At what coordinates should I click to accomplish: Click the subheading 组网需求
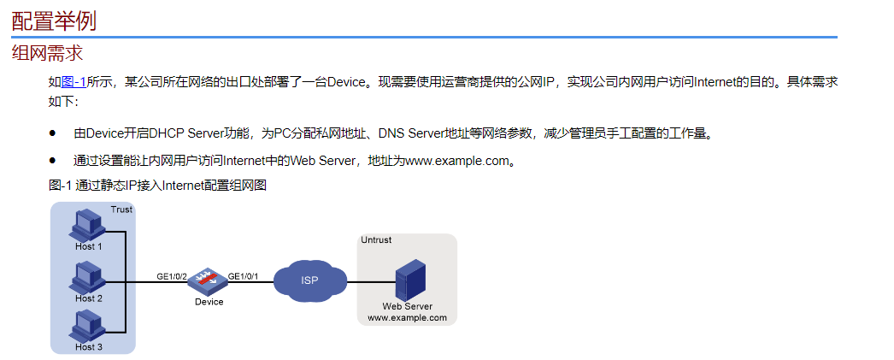(47, 53)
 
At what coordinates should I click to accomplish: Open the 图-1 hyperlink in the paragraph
(74, 83)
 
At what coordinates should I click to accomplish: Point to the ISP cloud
(309, 280)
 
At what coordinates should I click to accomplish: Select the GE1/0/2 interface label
(172, 276)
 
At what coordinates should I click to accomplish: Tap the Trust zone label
(121, 210)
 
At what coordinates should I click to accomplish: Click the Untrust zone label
(376, 240)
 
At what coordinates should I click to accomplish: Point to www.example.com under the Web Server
(407, 317)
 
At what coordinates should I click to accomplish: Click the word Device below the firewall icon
(209, 302)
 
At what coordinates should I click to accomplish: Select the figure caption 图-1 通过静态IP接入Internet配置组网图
(158, 185)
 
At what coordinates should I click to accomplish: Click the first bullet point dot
(53, 133)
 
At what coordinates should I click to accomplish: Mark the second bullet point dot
(53, 160)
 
